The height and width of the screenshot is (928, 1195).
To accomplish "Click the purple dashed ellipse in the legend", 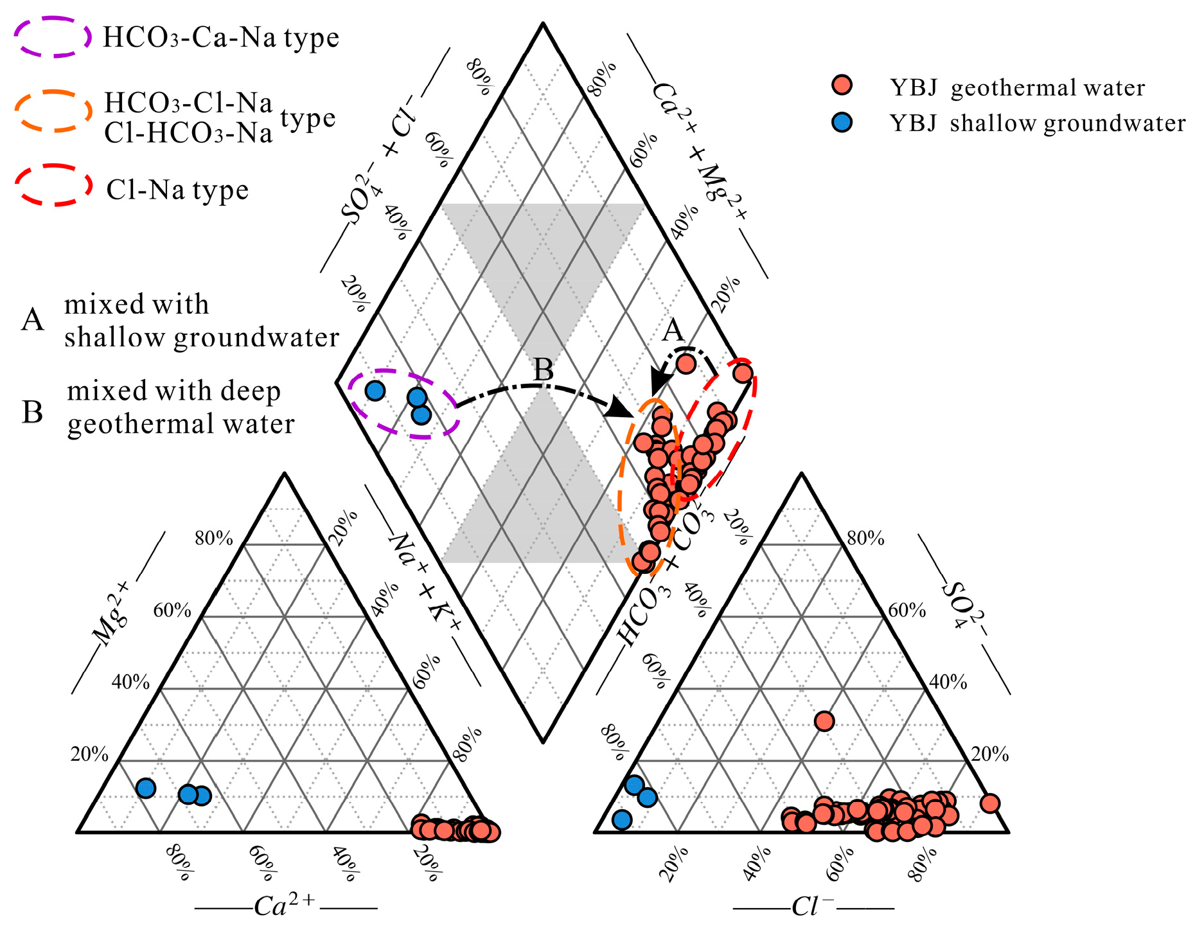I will pyautogui.click(x=53, y=37).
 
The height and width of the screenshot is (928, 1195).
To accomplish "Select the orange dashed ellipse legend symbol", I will pyautogui.click(x=53, y=111).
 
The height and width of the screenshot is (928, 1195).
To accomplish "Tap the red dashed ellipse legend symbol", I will pyautogui.click(x=54, y=185).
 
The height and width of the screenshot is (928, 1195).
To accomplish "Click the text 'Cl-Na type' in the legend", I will pyautogui.click(x=177, y=190).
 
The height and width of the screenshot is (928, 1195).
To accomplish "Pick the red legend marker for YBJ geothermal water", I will pyautogui.click(x=842, y=85).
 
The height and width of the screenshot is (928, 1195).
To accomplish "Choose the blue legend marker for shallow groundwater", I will pyautogui.click(x=842, y=122).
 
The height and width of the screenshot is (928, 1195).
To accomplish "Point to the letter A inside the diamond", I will pyautogui.click(x=673, y=331).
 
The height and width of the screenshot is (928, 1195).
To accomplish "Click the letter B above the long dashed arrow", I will pyautogui.click(x=544, y=371).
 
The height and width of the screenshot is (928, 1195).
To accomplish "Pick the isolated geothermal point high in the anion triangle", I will pyautogui.click(x=824, y=721).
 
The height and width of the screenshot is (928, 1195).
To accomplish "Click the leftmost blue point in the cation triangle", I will pyautogui.click(x=146, y=788).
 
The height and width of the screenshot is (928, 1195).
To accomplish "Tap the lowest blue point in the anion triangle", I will pyautogui.click(x=622, y=819).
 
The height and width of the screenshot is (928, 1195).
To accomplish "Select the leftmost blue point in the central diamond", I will pyautogui.click(x=375, y=390).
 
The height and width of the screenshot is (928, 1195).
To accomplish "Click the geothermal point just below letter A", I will pyautogui.click(x=686, y=364).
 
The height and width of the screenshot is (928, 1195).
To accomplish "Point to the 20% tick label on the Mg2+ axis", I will pyautogui.click(x=89, y=754).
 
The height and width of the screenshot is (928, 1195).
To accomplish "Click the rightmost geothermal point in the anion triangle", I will pyautogui.click(x=990, y=803).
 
